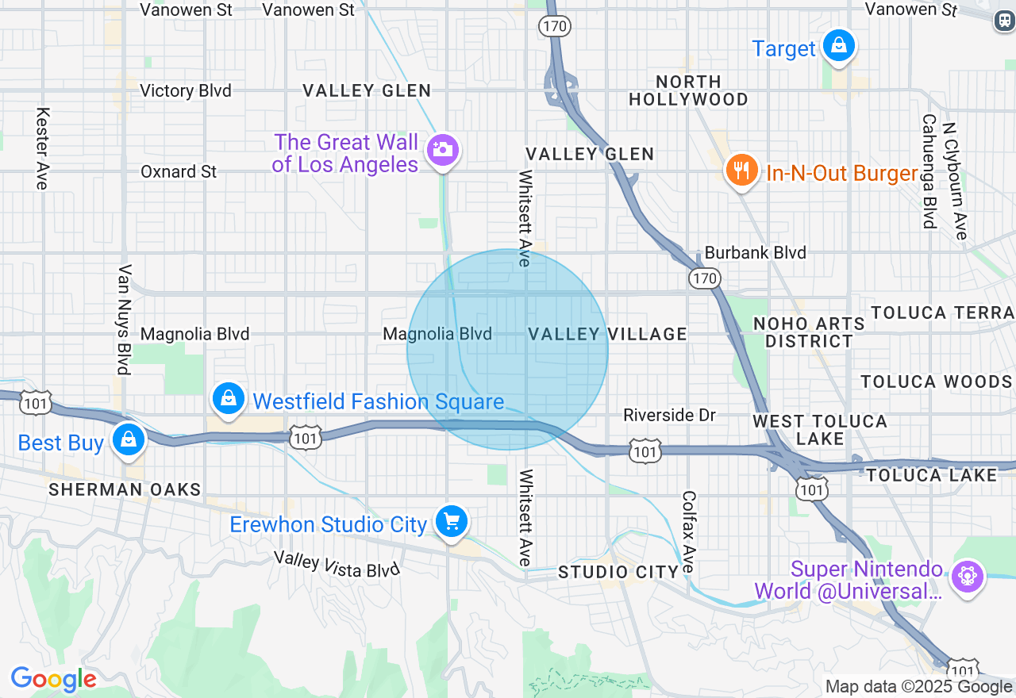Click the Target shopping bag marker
coord(838,46)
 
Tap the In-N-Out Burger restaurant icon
coord(741,171)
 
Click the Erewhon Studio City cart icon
coord(452,523)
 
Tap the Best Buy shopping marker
coord(128,440)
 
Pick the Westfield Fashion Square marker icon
coord(229,399)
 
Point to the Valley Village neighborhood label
coord(608,334)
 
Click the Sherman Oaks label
coord(125,489)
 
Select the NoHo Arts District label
coord(809,332)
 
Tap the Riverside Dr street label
coord(669,415)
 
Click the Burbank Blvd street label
coord(755,253)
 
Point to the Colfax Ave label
coord(688,531)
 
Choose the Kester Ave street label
coord(43,148)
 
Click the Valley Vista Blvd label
coord(337,564)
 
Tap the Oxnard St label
coord(179,171)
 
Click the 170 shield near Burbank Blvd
coord(703,278)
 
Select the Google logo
coord(53,680)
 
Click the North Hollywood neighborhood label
coord(688,90)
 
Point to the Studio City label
coord(618,572)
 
